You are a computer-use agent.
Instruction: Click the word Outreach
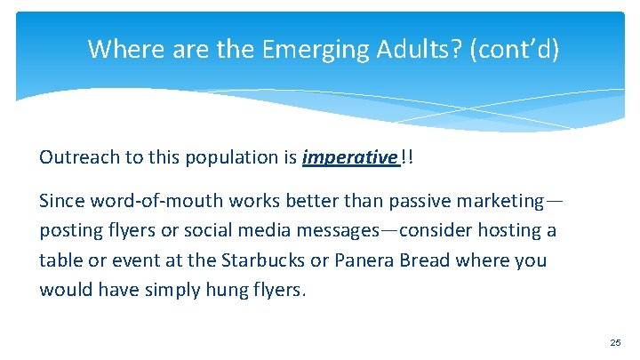coord(74,157)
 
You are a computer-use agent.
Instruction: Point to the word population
coord(230,157)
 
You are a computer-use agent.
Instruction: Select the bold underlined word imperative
coord(349,157)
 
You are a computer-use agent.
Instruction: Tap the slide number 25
coord(614,341)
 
